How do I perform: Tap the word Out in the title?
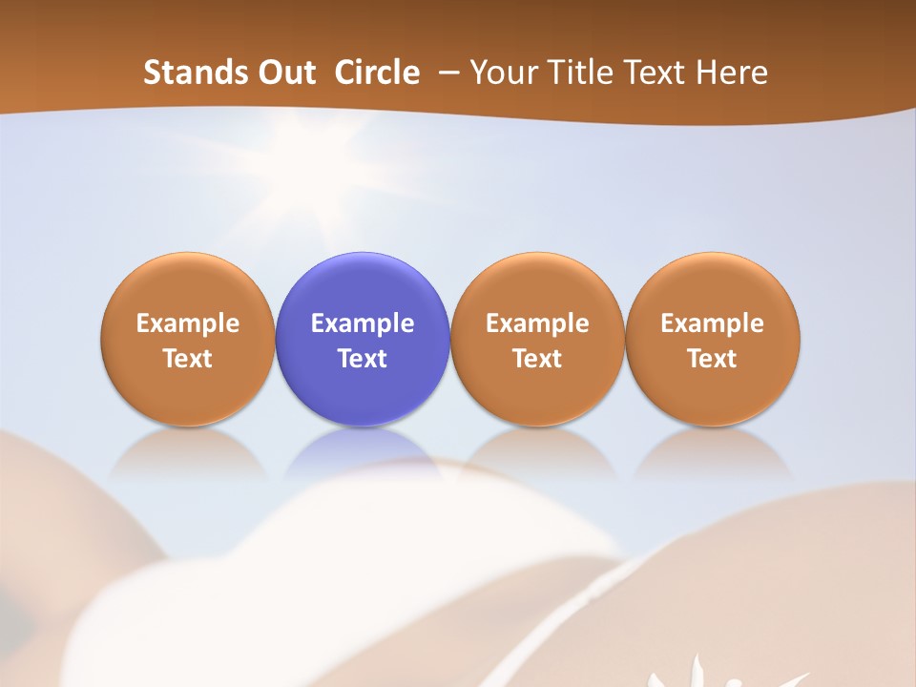tap(283, 73)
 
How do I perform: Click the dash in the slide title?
tap(445, 73)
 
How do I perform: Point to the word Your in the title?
tap(501, 73)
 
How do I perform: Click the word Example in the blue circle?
tap(363, 323)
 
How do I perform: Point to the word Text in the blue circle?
tap(363, 359)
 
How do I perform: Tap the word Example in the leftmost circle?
tap(188, 323)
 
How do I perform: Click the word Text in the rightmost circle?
tap(713, 359)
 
